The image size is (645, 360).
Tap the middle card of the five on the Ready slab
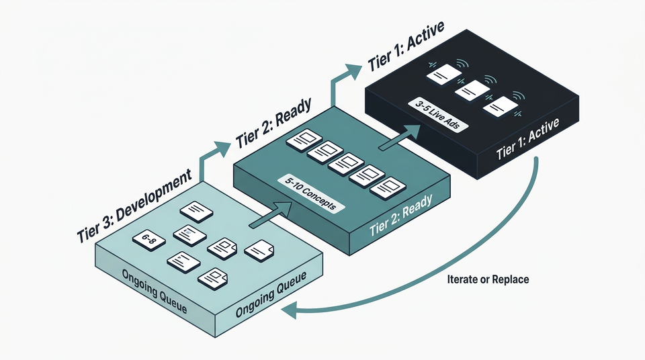pos(350,163)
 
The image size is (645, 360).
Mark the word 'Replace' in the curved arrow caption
pos(510,279)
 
